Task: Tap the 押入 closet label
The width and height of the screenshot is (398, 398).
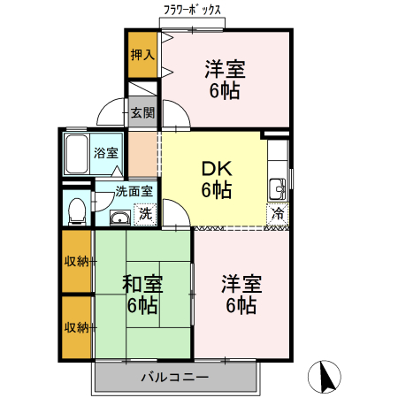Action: tap(142, 55)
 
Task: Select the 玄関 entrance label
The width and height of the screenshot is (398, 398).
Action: tap(142, 112)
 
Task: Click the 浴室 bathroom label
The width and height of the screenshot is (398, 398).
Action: tap(107, 152)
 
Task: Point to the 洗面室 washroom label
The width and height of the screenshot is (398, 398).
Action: tap(134, 191)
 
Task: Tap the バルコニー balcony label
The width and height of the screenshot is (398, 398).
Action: tap(174, 378)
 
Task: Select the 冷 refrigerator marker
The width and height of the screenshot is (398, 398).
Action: tap(278, 213)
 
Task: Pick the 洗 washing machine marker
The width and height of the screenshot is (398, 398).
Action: tap(144, 213)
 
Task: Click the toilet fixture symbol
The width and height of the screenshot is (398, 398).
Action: tap(77, 209)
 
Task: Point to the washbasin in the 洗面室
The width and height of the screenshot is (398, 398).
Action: tap(119, 218)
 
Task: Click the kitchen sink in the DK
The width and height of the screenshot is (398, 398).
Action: tap(277, 188)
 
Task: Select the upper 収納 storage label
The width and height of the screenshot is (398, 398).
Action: tap(77, 261)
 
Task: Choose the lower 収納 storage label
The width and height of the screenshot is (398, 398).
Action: tap(77, 327)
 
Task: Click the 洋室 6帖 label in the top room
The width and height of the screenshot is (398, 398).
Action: tap(225, 78)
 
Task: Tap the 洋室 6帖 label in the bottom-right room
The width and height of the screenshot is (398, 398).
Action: tap(241, 295)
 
